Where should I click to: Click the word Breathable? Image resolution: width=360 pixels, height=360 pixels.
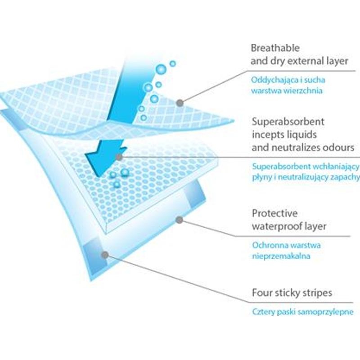[275, 48]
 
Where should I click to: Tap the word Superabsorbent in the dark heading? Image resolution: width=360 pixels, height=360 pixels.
[288, 121]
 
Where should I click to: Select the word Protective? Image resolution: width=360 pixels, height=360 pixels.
[274, 213]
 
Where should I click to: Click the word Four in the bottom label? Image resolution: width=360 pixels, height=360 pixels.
[261, 293]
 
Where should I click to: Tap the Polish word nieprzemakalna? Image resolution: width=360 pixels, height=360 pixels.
[281, 256]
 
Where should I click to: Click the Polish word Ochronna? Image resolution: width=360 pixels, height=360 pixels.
[268, 245]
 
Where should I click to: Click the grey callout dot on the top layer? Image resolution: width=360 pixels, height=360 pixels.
[180, 103]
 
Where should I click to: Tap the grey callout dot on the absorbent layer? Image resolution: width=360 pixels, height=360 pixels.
[119, 157]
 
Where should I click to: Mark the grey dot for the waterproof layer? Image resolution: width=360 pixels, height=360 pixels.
[179, 220]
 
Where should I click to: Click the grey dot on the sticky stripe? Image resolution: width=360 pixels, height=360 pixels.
[105, 255]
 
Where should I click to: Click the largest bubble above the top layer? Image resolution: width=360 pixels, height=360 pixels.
[161, 69]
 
